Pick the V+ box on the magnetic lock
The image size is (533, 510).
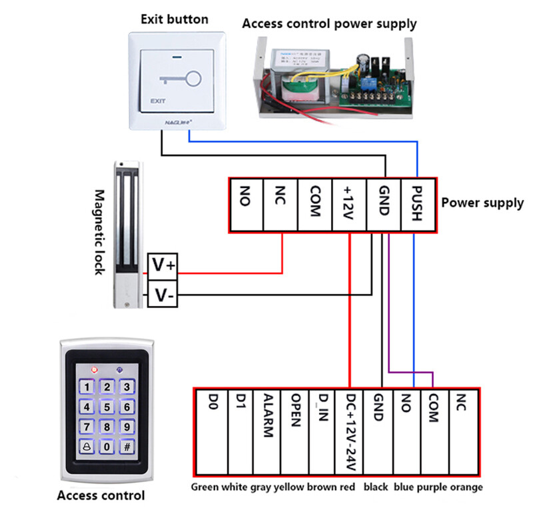pyautogui.click(x=163, y=266)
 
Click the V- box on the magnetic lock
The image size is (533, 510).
pyautogui.click(x=163, y=294)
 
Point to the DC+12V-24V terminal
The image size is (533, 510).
pyautogui.click(x=350, y=427)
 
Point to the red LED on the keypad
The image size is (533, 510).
pyautogui.click(x=95, y=368)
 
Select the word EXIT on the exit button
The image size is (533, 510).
pyautogui.click(x=157, y=102)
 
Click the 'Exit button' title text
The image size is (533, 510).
pyautogui.click(x=174, y=19)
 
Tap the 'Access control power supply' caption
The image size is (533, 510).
pyautogui.click(x=329, y=24)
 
